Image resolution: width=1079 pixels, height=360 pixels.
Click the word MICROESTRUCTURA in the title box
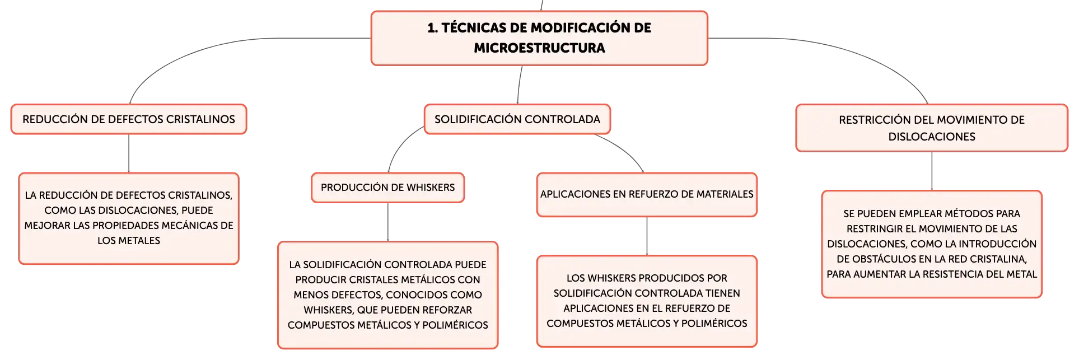tap(539, 48)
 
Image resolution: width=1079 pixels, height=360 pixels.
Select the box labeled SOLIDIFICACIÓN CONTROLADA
tap(517, 119)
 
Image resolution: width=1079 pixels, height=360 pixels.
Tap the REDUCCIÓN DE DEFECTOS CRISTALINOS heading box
tap(129, 119)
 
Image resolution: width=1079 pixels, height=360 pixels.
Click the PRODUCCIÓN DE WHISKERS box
tap(387, 188)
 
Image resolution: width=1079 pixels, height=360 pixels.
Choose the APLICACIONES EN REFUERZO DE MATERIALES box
tap(647, 194)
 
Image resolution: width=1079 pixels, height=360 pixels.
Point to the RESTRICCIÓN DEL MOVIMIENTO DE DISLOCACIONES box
tap(932, 128)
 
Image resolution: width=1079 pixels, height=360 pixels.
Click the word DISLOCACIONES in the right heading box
tap(932, 137)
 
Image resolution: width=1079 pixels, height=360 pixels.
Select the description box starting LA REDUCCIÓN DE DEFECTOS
tap(129, 218)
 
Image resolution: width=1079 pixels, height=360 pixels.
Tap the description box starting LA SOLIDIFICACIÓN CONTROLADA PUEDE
tap(387, 295)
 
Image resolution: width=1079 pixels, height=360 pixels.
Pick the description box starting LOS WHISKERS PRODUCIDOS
tap(647, 301)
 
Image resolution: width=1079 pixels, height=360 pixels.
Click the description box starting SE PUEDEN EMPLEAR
tap(932, 244)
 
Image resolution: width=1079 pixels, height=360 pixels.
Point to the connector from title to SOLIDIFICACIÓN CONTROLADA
tap(519, 85)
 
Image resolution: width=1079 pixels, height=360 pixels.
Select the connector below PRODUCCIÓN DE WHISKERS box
tap(388, 222)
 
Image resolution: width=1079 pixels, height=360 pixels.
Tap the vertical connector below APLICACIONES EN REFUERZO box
tap(647, 236)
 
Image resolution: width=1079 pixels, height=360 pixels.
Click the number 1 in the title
tap(431, 28)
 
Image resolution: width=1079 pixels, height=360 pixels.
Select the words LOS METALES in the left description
tap(129, 241)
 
